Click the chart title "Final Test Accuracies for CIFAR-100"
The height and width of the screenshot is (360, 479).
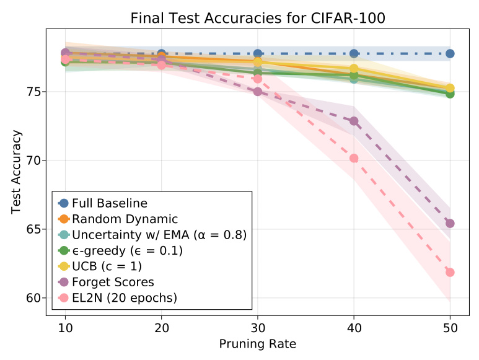[257, 18]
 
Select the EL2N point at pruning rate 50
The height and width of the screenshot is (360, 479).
[450, 272]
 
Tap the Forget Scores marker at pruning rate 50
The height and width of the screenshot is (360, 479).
[450, 223]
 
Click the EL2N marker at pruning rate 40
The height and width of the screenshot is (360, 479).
[354, 158]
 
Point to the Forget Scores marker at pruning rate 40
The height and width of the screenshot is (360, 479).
[354, 121]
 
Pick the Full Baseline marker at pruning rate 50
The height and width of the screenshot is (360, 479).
[450, 54]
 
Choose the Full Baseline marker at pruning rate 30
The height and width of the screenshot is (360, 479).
[258, 54]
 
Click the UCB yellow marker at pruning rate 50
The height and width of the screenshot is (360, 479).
[450, 88]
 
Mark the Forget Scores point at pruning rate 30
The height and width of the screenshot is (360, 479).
[258, 92]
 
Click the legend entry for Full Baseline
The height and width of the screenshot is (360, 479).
[109, 203]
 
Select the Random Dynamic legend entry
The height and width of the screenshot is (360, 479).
[124, 219]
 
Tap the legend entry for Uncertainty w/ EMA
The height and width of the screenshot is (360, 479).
[159, 235]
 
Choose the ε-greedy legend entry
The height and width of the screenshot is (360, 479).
[127, 250]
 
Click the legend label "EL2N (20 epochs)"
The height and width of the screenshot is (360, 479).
[124, 298]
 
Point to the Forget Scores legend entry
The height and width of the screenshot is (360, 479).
[113, 282]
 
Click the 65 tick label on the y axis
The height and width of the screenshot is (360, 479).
[35, 229]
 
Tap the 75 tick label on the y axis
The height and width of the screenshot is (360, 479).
[35, 92]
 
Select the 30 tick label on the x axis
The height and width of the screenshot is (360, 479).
[258, 327]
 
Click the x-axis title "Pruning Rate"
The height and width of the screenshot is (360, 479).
[257, 343]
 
